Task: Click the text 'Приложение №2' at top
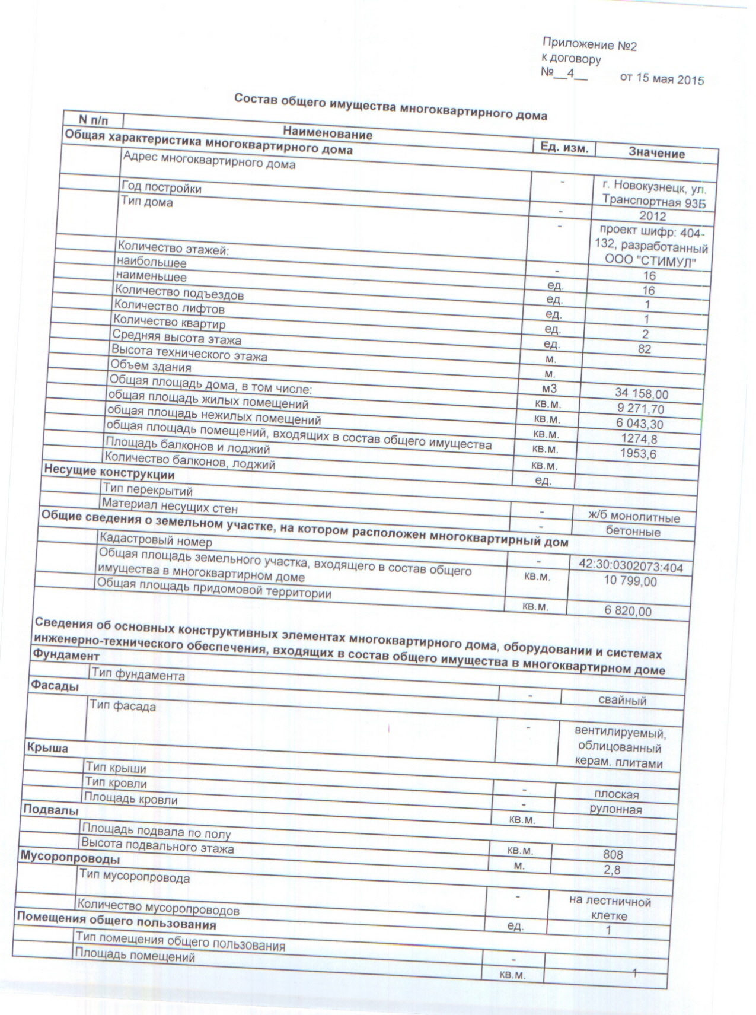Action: [x=589, y=45]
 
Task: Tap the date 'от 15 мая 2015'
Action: [x=662, y=79]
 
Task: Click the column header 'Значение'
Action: [x=656, y=154]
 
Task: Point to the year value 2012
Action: [x=652, y=216]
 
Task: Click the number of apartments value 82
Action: [x=645, y=349]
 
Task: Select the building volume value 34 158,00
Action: [x=642, y=394]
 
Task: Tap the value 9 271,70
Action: [x=640, y=409]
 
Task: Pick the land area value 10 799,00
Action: [x=630, y=581]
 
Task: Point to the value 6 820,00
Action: [x=628, y=611]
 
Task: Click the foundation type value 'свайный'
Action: [x=622, y=701]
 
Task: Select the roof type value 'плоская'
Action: [x=616, y=794]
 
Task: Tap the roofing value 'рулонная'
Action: [x=615, y=809]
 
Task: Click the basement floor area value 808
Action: [x=613, y=855]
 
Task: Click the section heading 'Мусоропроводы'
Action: [x=70, y=858]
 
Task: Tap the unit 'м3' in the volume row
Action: [x=546, y=389]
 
